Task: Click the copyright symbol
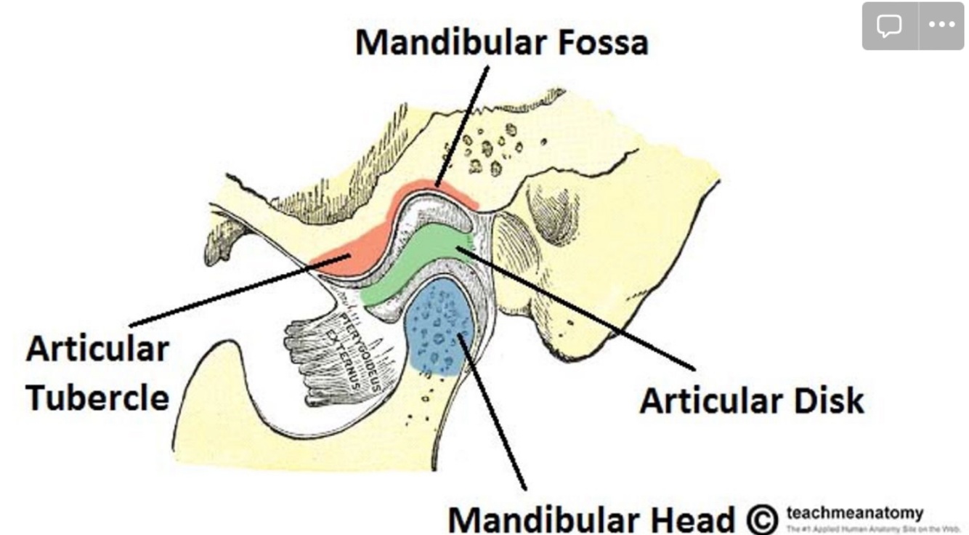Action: point(761,519)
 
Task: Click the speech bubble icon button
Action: point(888,25)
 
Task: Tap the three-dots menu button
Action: point(941,25)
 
